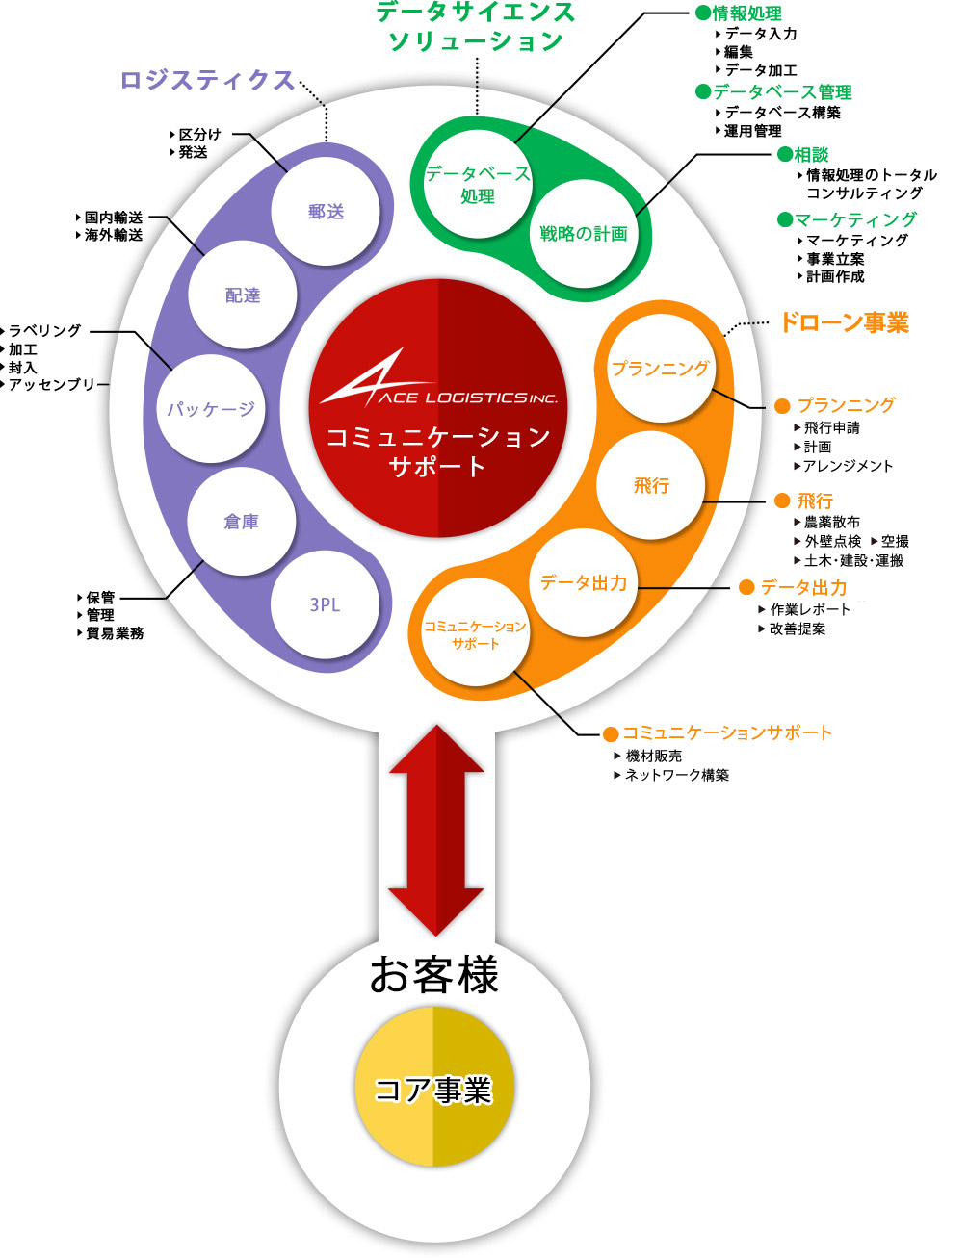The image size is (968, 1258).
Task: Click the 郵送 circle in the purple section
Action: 326,212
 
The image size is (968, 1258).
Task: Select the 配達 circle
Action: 243,295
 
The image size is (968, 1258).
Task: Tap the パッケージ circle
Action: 211,408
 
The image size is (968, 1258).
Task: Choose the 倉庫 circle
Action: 241,522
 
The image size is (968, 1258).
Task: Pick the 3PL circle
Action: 325,604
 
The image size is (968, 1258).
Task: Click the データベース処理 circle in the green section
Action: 478,184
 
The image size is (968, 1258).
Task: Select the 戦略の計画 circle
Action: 584,234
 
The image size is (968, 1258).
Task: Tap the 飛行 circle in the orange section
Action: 651,486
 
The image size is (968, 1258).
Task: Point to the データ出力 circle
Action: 584,582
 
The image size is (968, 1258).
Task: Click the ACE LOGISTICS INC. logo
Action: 438,385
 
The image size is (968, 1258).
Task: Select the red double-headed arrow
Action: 435,830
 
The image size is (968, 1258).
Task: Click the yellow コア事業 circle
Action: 433,1087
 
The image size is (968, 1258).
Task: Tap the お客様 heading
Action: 434,974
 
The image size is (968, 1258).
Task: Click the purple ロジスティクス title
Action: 207,80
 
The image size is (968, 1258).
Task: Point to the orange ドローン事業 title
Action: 844,322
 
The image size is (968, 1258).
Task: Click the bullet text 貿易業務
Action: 115,633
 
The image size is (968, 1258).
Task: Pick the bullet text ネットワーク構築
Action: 676,775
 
